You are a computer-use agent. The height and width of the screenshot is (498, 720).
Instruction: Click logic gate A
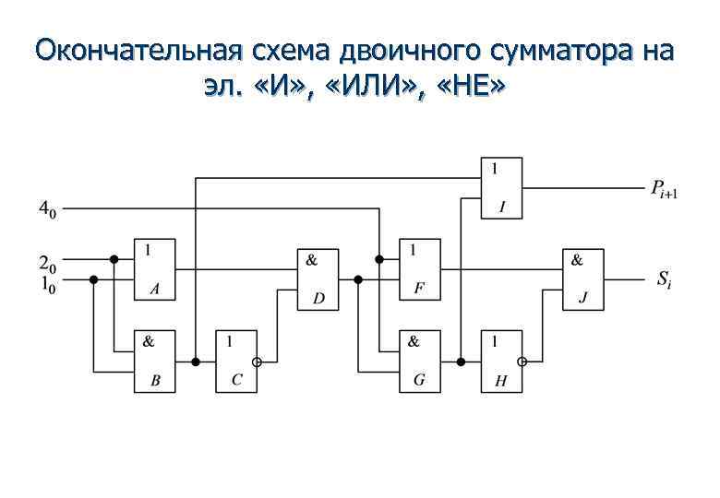tap(154, 269)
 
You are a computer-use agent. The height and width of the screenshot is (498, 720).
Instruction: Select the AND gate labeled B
tap(154, 361)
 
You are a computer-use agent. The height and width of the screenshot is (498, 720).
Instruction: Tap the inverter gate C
tap(235, 361)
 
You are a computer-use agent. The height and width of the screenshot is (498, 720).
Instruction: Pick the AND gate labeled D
tap(317, 279)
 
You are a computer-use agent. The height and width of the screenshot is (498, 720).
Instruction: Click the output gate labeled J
tap(582, 279)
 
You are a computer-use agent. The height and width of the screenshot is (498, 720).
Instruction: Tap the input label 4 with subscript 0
tap(46, 210)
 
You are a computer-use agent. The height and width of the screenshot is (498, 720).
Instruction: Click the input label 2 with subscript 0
tap(46, 261)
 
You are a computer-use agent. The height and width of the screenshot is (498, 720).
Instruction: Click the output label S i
tap(664, 279)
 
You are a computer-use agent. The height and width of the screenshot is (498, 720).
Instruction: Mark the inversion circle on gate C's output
tap(258, 362)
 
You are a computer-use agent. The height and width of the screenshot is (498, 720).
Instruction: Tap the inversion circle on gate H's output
tap(524, 362)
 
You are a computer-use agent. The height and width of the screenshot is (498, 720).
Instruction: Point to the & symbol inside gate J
tap(577, 259)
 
